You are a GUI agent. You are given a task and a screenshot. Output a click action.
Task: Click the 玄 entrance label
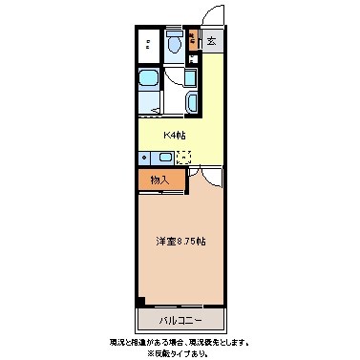[211, 41]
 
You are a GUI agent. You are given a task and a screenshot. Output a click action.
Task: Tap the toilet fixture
[174, 44]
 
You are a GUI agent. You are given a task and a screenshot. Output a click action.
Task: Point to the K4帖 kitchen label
[174, 135]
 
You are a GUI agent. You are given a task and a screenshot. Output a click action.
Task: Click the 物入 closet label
[159, 179]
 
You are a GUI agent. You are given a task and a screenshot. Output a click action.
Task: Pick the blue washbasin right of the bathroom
[192, 102]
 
